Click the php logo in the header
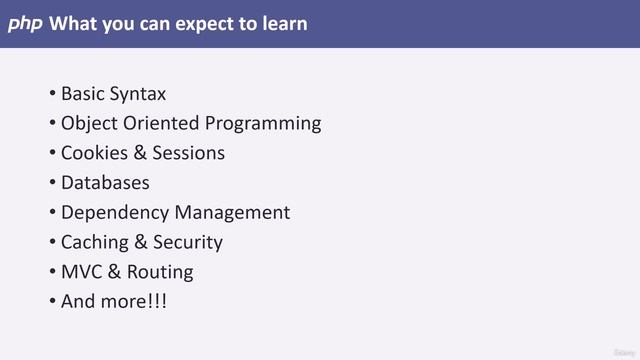point(25,23)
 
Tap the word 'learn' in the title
point(284,23)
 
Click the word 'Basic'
point(83,94)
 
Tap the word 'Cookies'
point(94,153)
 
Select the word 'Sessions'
point(188,153)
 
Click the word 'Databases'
point(105,183)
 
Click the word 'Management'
point(232,213)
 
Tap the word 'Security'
point(188,242)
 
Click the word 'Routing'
point(160,272)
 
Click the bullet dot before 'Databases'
point(52,183)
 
